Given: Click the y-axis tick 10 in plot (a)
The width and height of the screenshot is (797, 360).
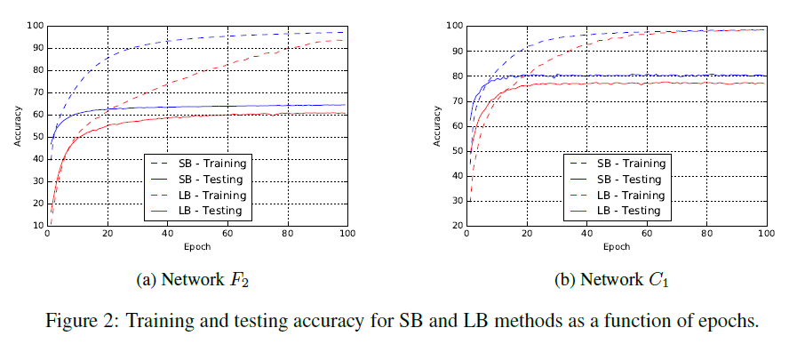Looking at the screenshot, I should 38,226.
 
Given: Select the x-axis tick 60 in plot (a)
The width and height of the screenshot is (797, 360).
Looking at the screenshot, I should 227,235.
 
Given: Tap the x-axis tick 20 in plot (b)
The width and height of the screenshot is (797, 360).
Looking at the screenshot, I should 527,235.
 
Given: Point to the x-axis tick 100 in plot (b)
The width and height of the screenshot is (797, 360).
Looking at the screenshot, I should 765,235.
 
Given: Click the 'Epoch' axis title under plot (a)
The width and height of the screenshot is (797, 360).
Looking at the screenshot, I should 197,246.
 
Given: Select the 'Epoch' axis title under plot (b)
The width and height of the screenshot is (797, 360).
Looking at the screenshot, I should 615,246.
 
